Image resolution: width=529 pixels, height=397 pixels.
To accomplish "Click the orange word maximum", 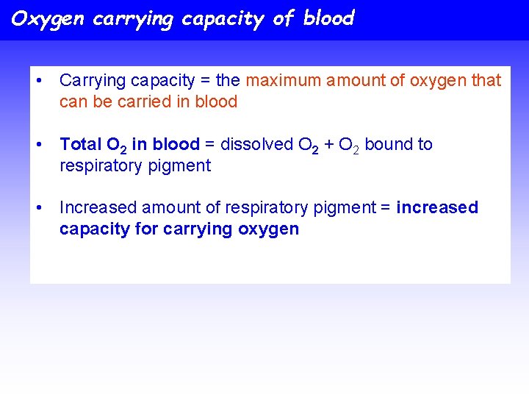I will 283,80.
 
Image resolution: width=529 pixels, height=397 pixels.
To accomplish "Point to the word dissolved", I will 256,144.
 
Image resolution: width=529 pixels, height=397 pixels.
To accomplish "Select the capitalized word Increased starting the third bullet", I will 98,207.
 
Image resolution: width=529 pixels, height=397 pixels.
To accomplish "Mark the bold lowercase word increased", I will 436,207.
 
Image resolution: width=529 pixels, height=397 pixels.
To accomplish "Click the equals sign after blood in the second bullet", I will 209,144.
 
